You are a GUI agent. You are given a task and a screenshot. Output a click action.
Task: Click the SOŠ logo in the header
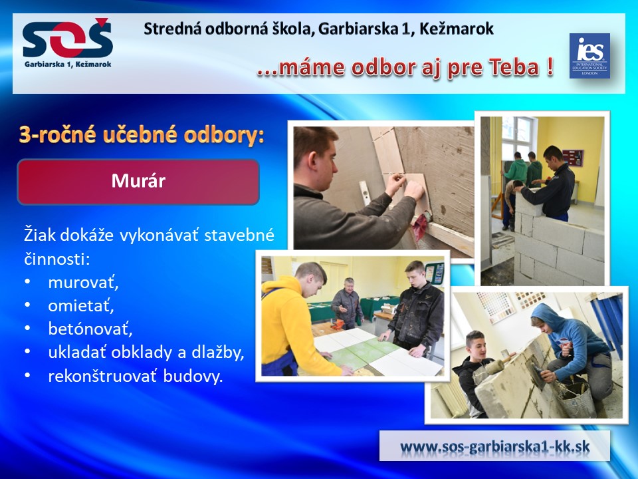tap(68, 43)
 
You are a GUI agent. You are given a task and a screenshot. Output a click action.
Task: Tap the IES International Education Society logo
tap(589, 56)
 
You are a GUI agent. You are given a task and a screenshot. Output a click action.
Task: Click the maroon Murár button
tap(138, 182)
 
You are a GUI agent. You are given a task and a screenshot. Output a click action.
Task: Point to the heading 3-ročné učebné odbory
tap(142, 135)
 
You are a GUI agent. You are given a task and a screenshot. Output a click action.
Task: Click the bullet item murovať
tap(83, 282)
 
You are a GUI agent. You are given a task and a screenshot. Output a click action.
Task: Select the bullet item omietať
tap(80, 305)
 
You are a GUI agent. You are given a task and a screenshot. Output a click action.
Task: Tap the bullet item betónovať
tap(90, 329)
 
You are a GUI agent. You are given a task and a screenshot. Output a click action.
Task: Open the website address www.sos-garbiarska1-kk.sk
tap(494, 446)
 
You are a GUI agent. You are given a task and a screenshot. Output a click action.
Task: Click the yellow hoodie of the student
tap(287, 326)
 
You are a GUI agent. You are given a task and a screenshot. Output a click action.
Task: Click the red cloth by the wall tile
tap(421, 226)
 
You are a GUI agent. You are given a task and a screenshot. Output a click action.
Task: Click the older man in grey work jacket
tap(347, 303)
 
